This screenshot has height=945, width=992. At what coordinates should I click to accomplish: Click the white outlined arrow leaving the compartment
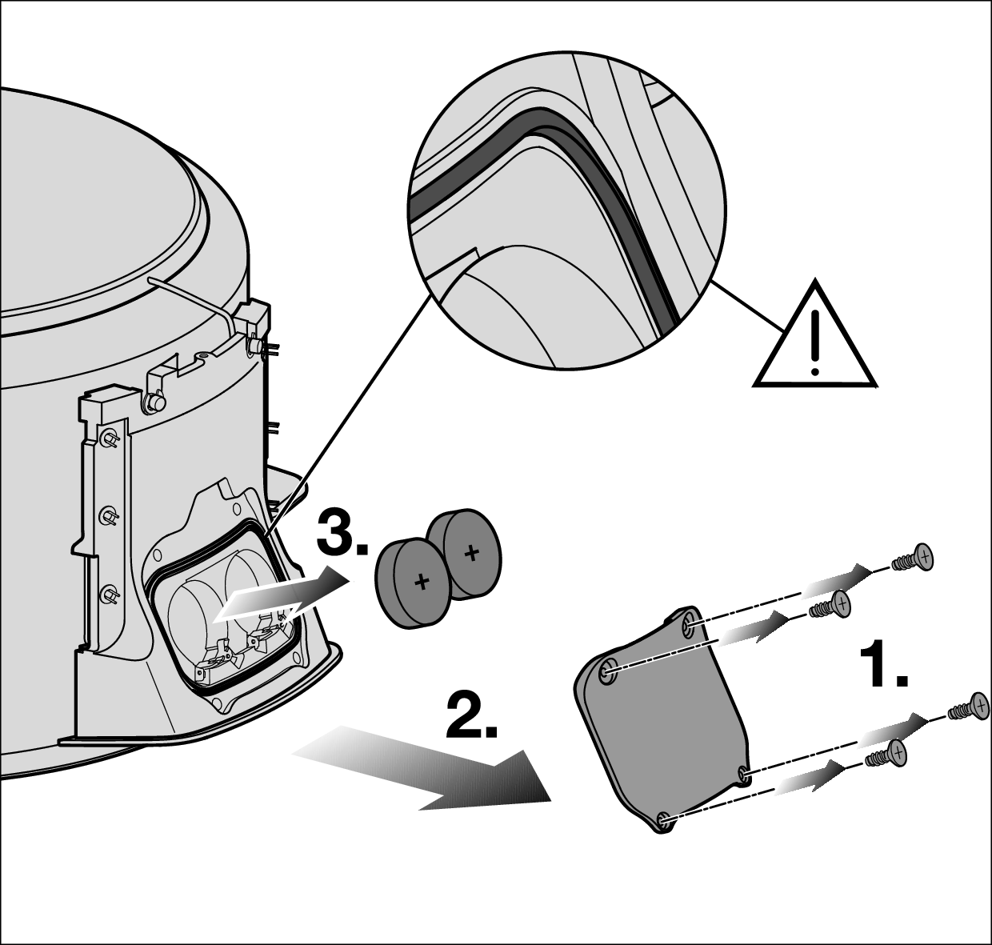tap(282, 593)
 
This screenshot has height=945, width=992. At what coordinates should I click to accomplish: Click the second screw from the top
tap(830, 605)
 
